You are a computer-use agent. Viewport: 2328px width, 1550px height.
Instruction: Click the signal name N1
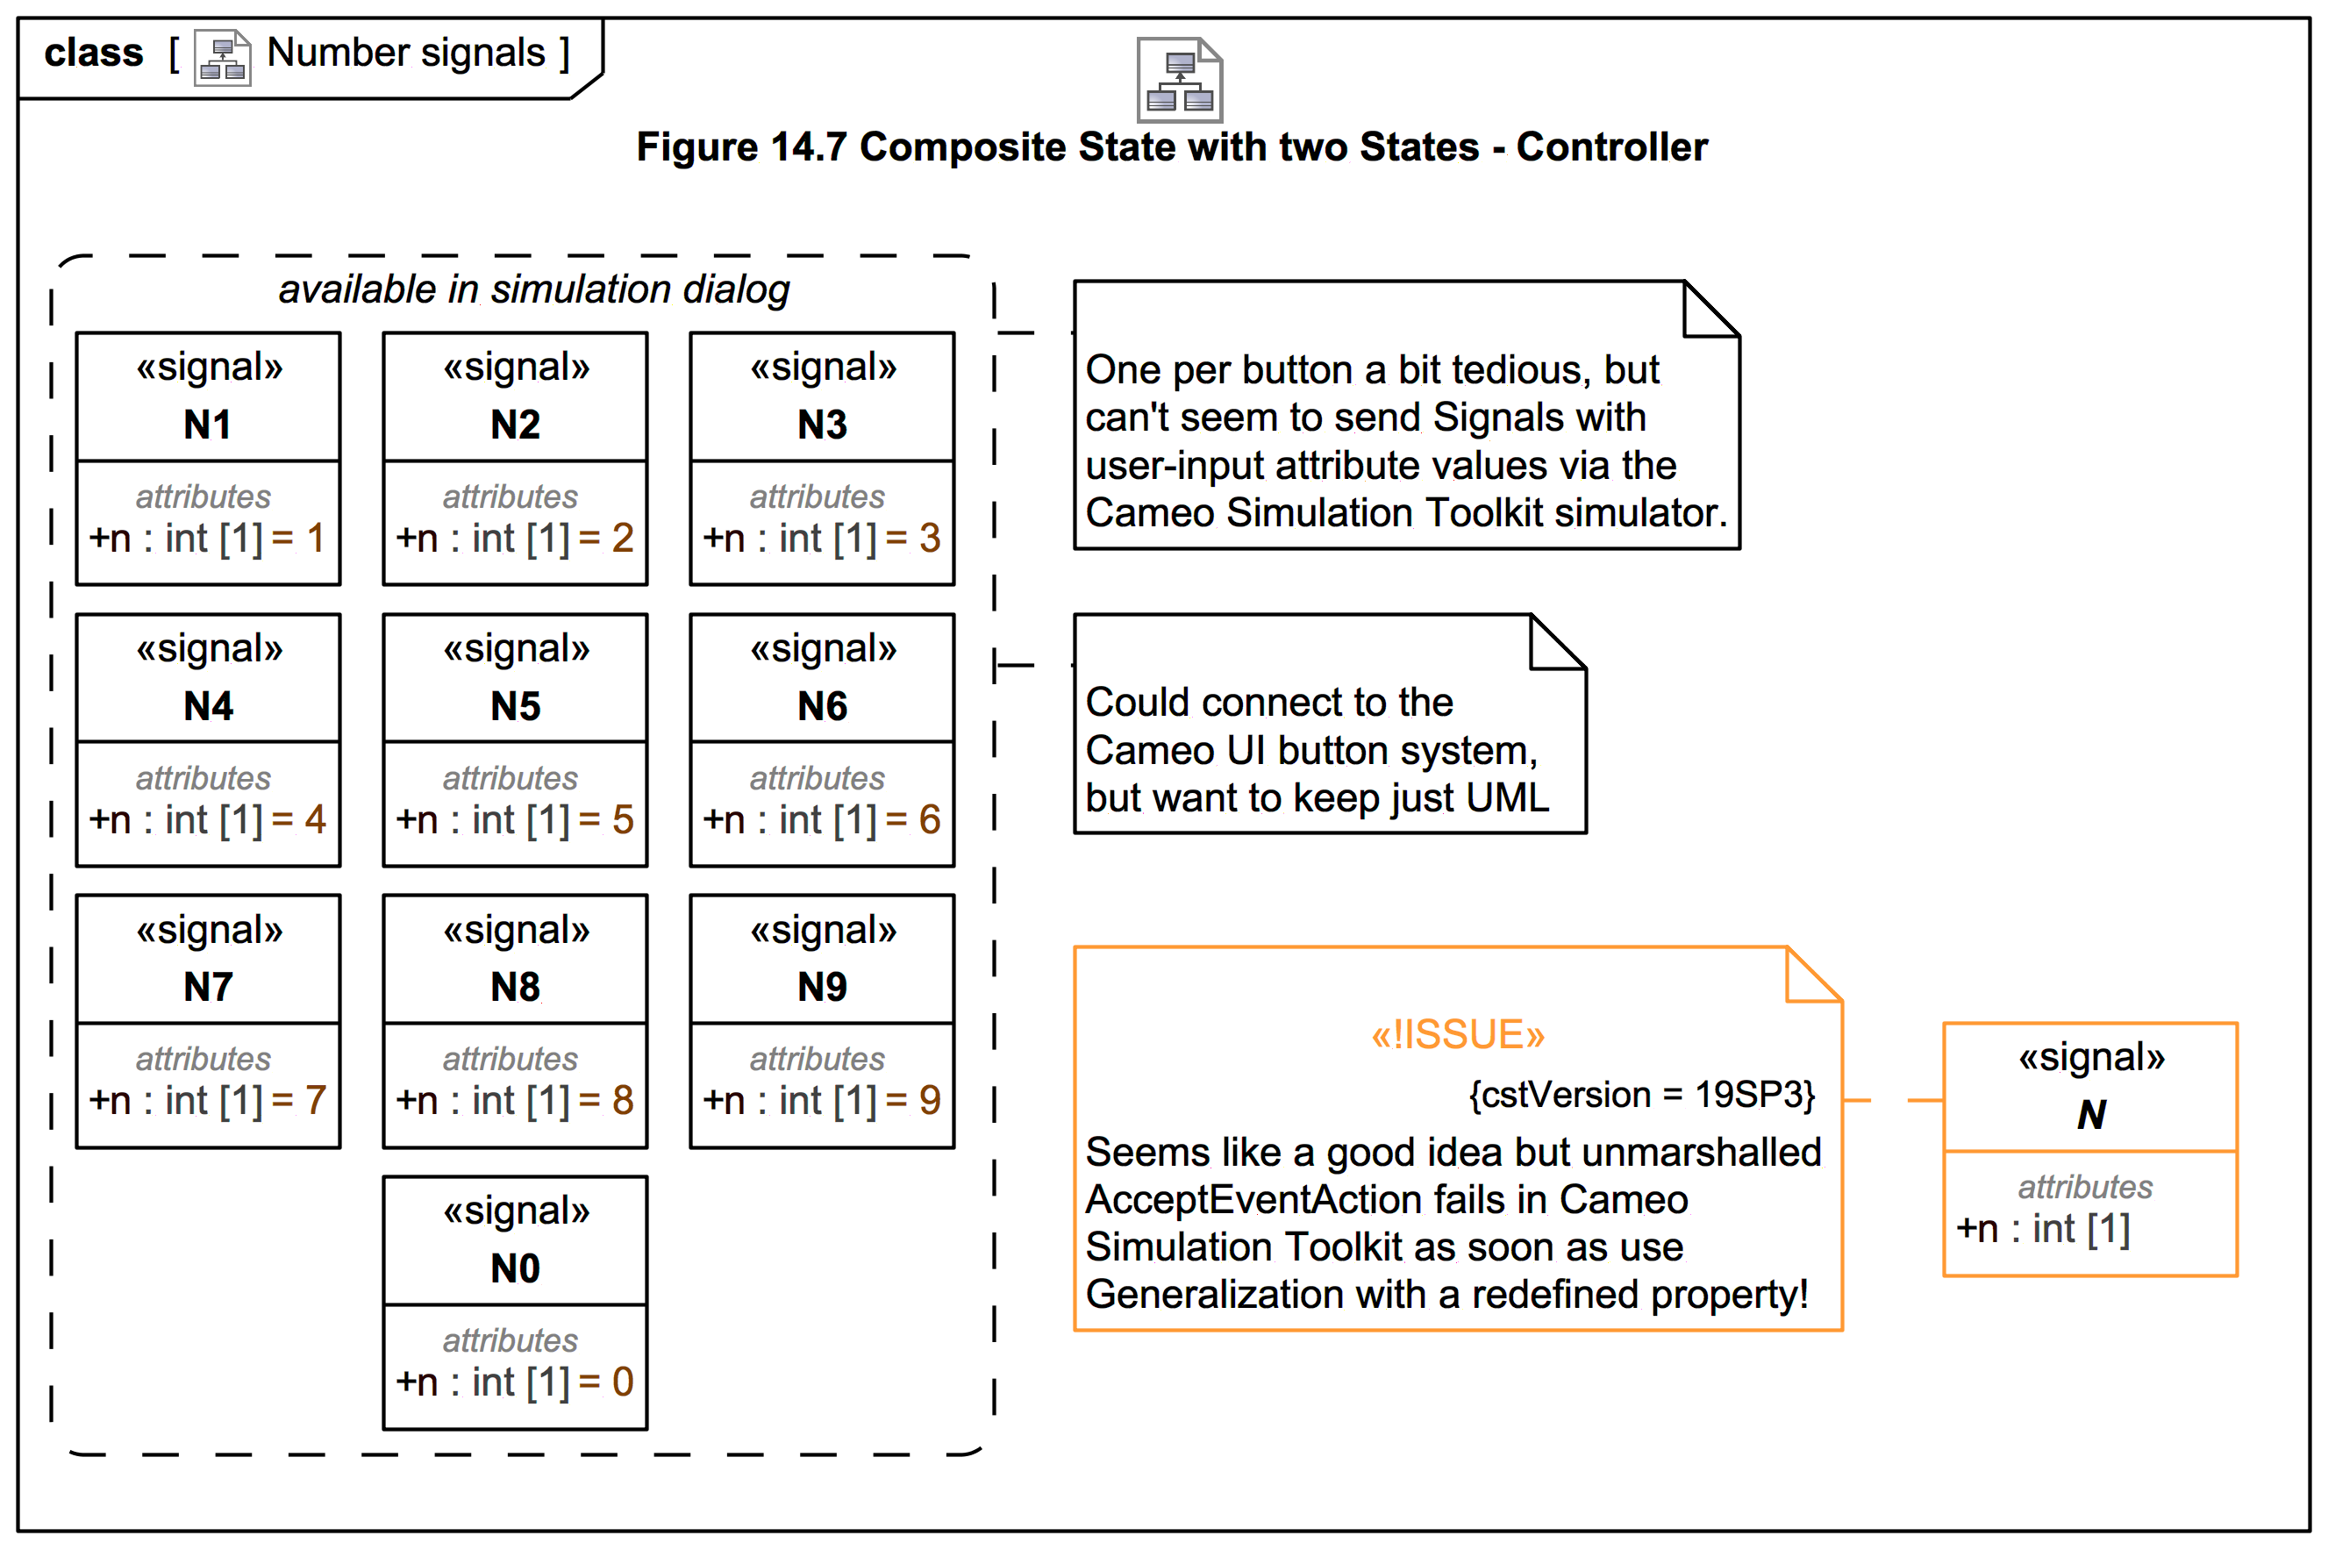point(208,425)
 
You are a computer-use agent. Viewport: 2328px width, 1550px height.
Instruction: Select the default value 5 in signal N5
point(623,819)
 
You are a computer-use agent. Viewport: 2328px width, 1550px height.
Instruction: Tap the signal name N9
point(822,988)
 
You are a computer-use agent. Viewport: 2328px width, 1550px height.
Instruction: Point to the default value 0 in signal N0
point(623,1382)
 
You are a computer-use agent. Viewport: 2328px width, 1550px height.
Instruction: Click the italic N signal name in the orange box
point(2091,1115)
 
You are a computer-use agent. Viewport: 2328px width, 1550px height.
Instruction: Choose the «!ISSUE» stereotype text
point(1457,1035)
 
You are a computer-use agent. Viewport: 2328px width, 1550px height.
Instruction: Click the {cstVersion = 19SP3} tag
point(1642,1094)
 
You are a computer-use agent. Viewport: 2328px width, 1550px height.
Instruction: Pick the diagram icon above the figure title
point(1179,80)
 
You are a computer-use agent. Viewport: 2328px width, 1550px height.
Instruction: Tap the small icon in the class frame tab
point(223,58)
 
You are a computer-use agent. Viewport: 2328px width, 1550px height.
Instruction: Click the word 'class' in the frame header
point(94,53)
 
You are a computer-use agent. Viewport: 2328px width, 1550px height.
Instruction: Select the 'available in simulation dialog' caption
point(534,289)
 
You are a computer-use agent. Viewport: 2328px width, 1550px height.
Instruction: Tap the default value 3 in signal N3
point(930,538)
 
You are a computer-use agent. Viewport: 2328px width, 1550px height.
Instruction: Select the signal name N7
point(208,988)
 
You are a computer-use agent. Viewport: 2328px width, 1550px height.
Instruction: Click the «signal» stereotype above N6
point(823,648)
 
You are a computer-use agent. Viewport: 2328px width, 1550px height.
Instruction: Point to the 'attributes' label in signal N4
point(204,779)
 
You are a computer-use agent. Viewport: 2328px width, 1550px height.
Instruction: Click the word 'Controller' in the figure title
point(1611,147)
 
